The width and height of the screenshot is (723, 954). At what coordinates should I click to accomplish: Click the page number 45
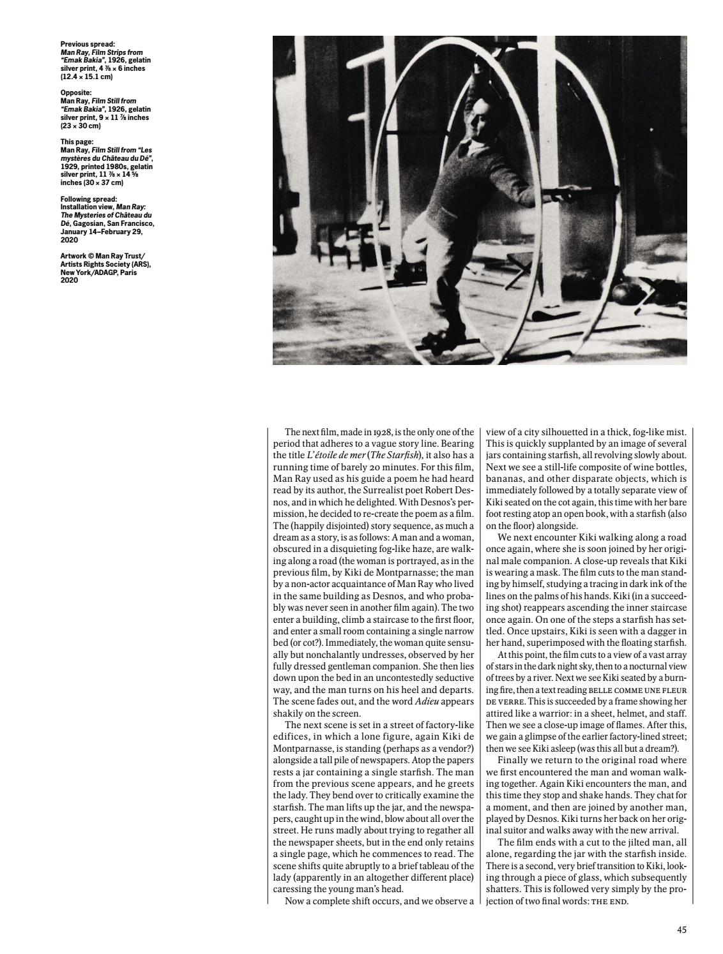click(x=681, y=930)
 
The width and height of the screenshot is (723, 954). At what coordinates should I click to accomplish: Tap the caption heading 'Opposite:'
click(x=76, y=93)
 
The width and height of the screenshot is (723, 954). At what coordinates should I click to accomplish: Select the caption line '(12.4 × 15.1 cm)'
click(x=86, y=77)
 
